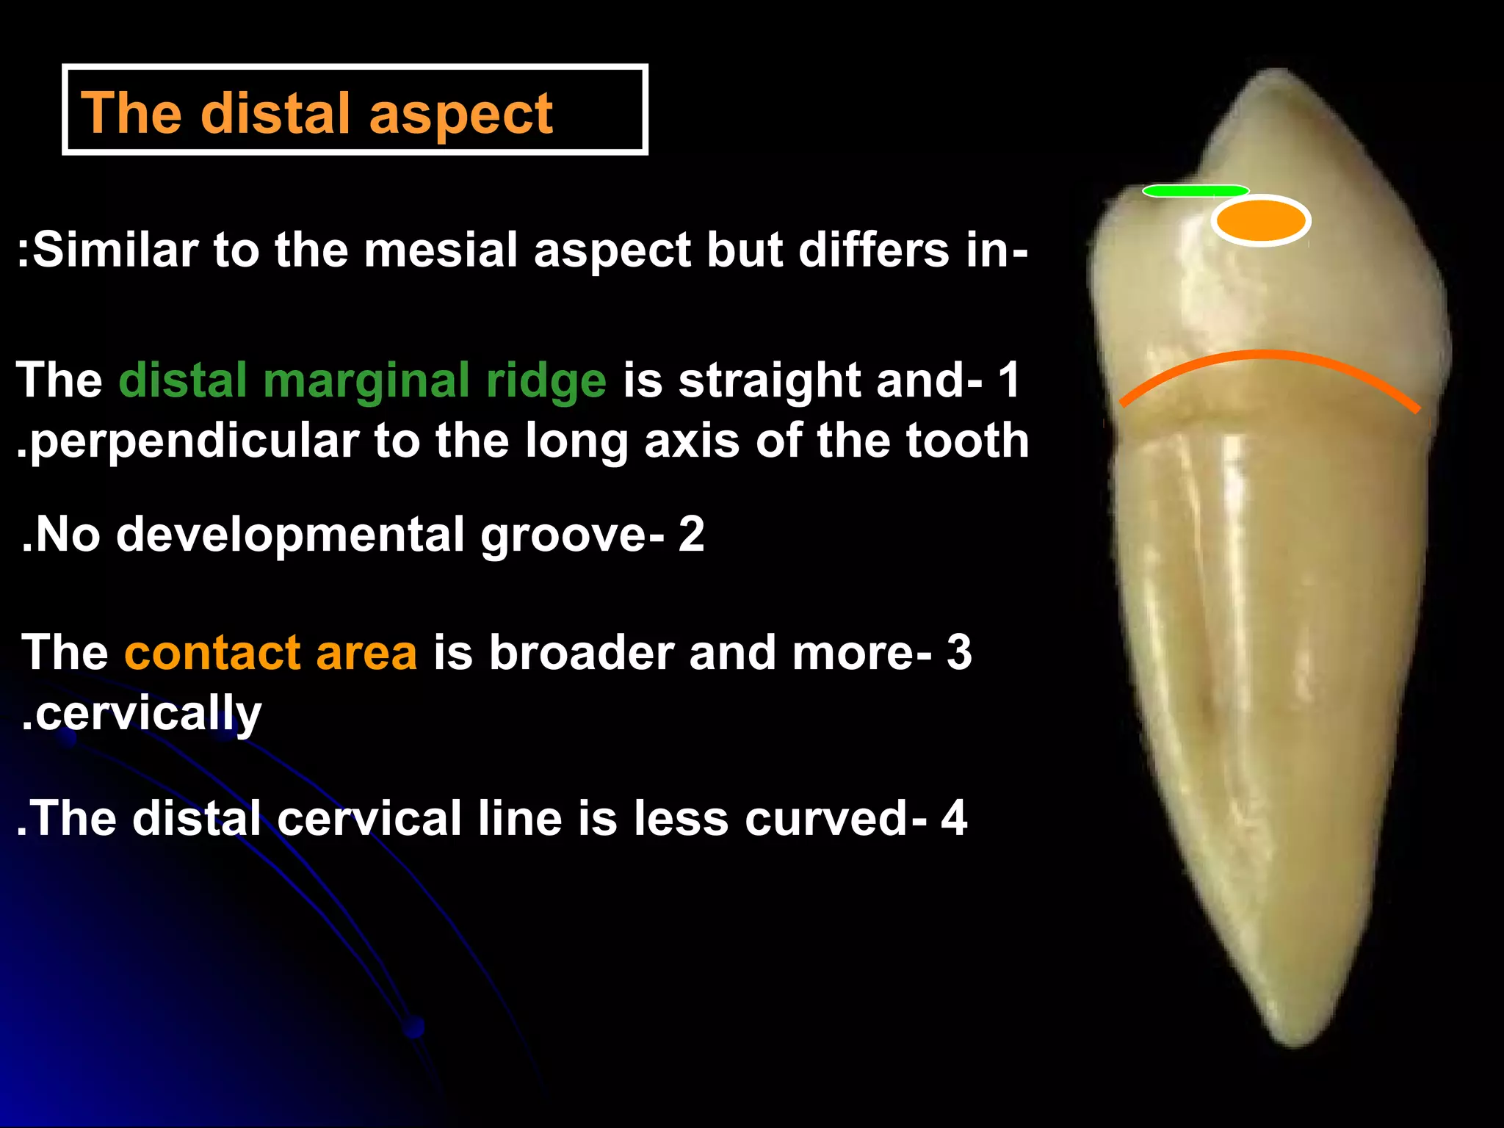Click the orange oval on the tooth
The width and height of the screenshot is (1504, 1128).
(x=1261, y=220)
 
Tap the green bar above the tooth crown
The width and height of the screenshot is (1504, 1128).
(x=1196, y=191)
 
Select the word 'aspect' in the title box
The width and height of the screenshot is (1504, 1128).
(x=460, y=116)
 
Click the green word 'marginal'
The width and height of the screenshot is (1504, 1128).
(x=366, y=382)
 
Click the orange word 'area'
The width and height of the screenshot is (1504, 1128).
(x=366, y=654)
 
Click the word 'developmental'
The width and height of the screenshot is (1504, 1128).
(x=290, y=535)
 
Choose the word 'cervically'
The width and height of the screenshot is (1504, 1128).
(x=148, y=714)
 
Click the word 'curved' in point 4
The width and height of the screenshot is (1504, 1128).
(x=826, y=818)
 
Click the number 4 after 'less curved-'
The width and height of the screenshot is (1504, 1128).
(x=953, y=818)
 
